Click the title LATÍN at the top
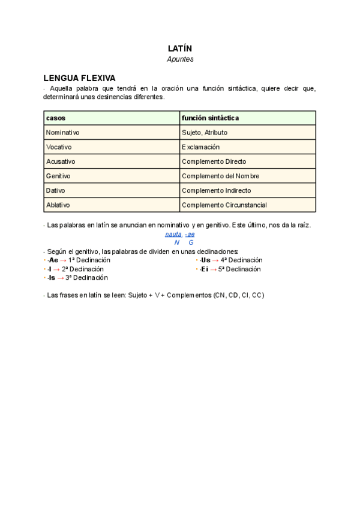point(180,48)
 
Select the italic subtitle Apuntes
point(180,59)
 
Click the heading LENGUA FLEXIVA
point(79,78)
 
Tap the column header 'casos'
point(56,118)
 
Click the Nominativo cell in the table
point(63,133)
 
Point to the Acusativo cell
point(61,161)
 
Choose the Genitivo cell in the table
point(58,176)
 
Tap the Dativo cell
point(56,190)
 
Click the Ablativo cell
point(58,205)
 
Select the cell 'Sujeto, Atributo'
point(205,133)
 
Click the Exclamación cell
point(200,147)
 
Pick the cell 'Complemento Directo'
point(214,161)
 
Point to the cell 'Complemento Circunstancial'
point(224,205)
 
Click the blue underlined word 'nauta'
point(173,234)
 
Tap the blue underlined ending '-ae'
point(190,234)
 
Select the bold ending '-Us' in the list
point(205,261)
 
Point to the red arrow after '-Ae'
point(63,261)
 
